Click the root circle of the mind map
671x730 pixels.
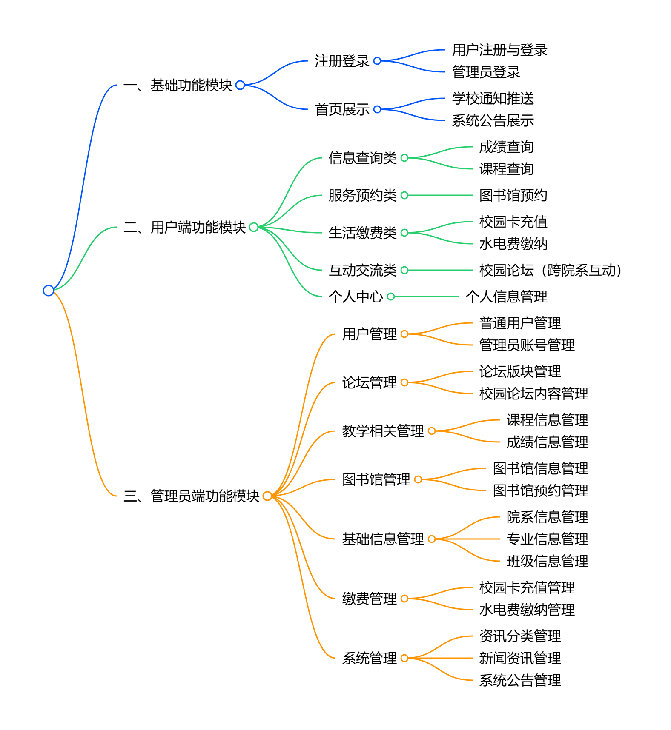click(x=49, y=291)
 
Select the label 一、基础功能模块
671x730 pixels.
click(x=178, y=85)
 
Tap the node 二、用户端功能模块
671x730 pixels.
click(x=185, y=227)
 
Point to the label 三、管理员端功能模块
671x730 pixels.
click(x=192, y=496)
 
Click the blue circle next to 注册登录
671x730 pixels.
click(x=377, y=61)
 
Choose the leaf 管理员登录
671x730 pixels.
click(x=486, y=72)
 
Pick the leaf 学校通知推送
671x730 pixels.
click(x=493, y=98)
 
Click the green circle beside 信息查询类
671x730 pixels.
click(x=404, y=158)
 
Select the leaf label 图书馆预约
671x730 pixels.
click(x=513, y=195)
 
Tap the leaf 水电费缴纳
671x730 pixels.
click(x=513, y=244)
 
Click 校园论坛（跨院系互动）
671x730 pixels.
click(x=550, y=270)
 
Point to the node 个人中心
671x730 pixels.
click(x=356, y=297)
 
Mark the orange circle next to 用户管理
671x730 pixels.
click(x=404, y=334)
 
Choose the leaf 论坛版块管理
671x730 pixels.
click(x=520, y=371)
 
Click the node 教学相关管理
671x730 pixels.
click(x=383, y=431)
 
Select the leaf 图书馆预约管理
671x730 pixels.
click(x=540, y=490)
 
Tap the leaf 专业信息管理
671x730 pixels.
click(x=547, y=539)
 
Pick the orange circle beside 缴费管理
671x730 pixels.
click(x=404, y=599)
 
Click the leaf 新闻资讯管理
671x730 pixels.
click(x=520, y=658)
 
